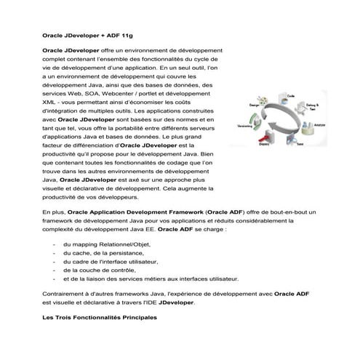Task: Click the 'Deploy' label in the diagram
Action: coord(265,145)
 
